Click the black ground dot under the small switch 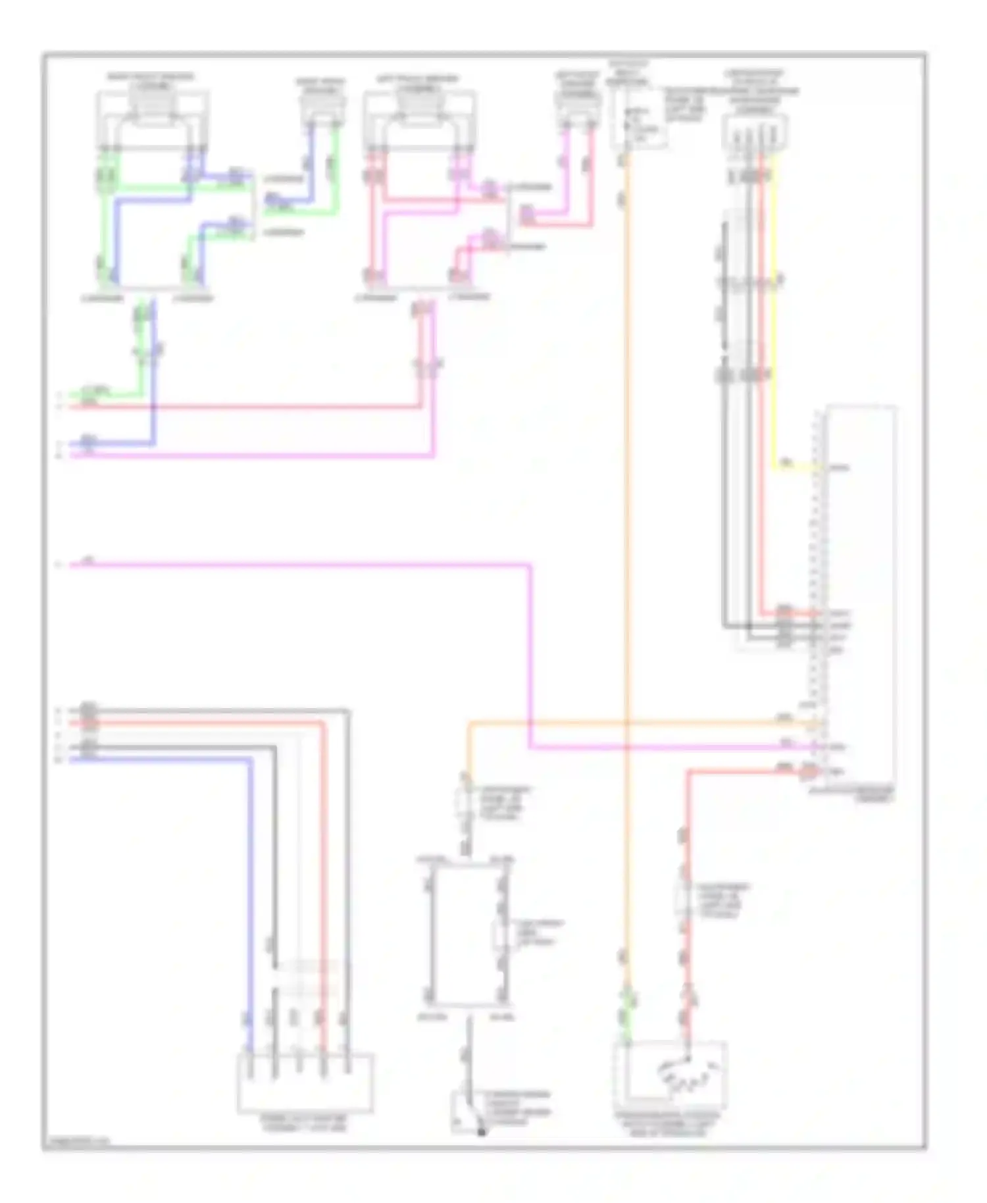(x=481, y=1132)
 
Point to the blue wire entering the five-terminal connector (x=251, y=921)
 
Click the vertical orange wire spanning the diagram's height (x=626, y=526)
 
